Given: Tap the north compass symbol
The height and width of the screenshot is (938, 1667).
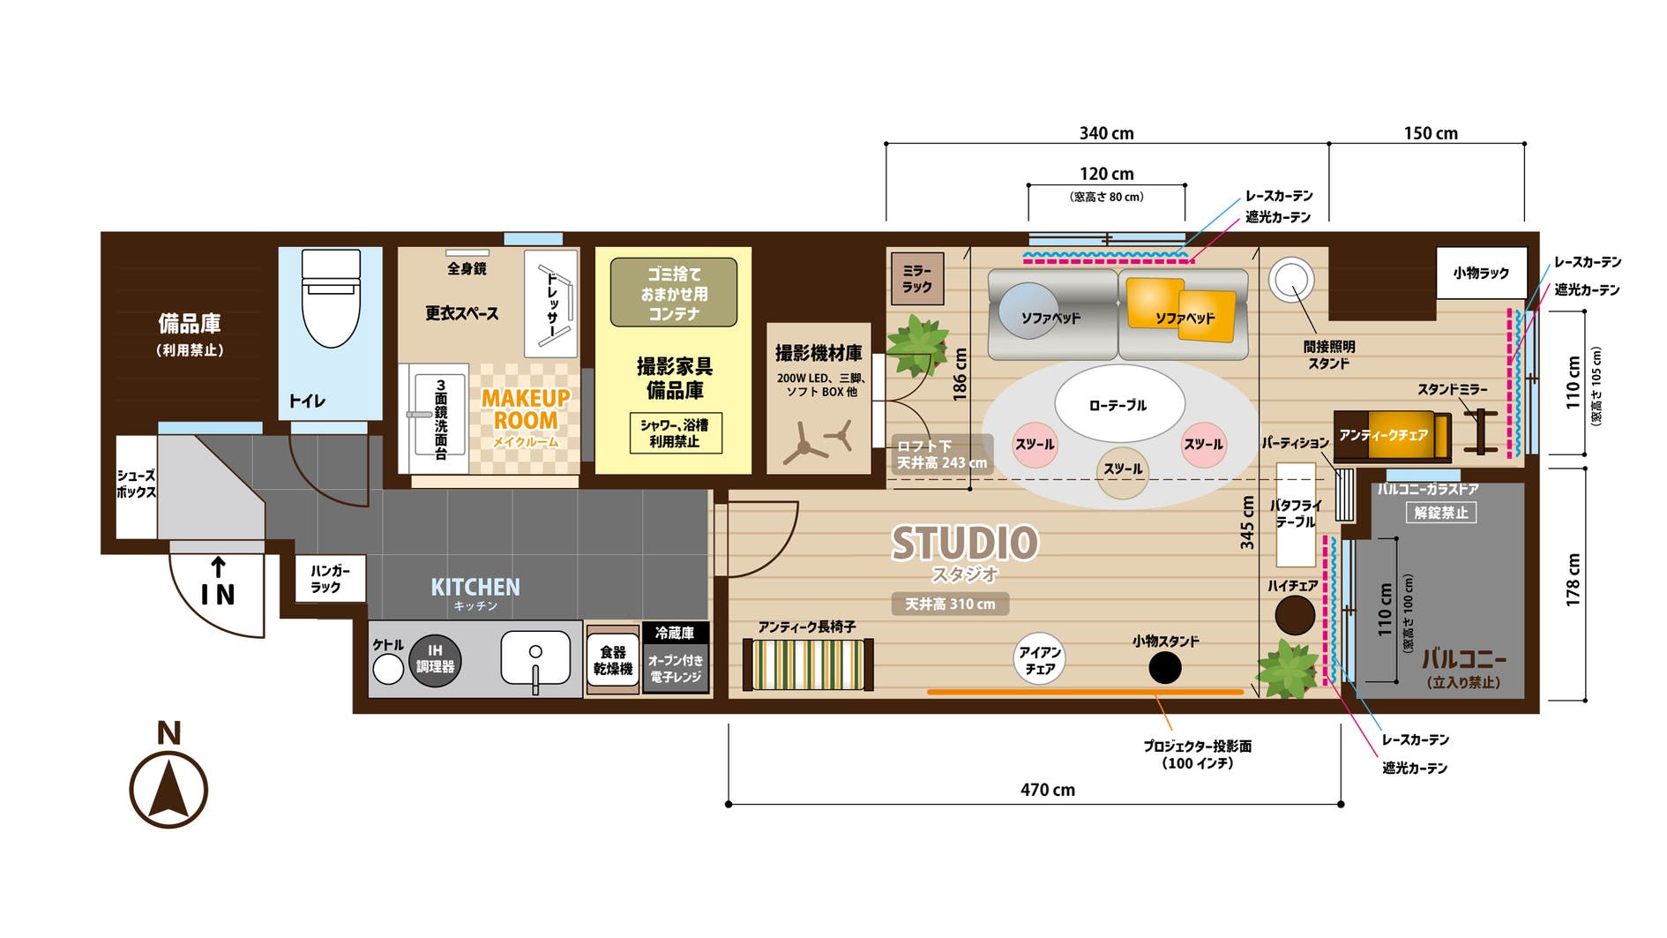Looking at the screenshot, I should [x=168, y=788].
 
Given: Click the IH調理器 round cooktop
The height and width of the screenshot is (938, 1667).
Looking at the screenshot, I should [x=435, y=660].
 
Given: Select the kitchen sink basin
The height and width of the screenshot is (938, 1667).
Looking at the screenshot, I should [x=535, y=657].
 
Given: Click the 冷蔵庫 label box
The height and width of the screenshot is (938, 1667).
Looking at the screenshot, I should [x=675, y=633].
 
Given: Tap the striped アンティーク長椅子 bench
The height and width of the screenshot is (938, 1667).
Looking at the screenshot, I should [x=808, y=664].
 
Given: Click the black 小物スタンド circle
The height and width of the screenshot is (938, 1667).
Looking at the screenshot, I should [x=1165, y=668].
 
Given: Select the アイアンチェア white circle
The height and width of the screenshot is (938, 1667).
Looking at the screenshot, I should [x=1039, y=659].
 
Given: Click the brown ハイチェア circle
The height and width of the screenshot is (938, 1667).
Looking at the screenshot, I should [x=1294, y=616].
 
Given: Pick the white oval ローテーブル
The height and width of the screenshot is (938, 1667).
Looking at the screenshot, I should [x=1118, y=405].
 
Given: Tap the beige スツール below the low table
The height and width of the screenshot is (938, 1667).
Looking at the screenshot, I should [x=1122, y=471].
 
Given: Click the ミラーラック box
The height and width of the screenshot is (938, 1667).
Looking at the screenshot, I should [x=917, y=280].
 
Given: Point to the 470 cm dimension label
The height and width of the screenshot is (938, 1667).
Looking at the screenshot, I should [x=1047, y=790].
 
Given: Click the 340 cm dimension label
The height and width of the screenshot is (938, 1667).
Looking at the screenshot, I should [x=1106, y=133].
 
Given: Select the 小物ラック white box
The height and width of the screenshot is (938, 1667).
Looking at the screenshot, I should [x=1481, y=274].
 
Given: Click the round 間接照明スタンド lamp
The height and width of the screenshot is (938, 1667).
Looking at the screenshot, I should [x=1290, y=279].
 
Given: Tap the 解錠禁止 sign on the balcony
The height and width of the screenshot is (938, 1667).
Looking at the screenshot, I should [x=1440, y=513].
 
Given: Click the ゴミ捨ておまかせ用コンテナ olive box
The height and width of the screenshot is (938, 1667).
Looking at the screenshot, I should [x=674, y=293].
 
